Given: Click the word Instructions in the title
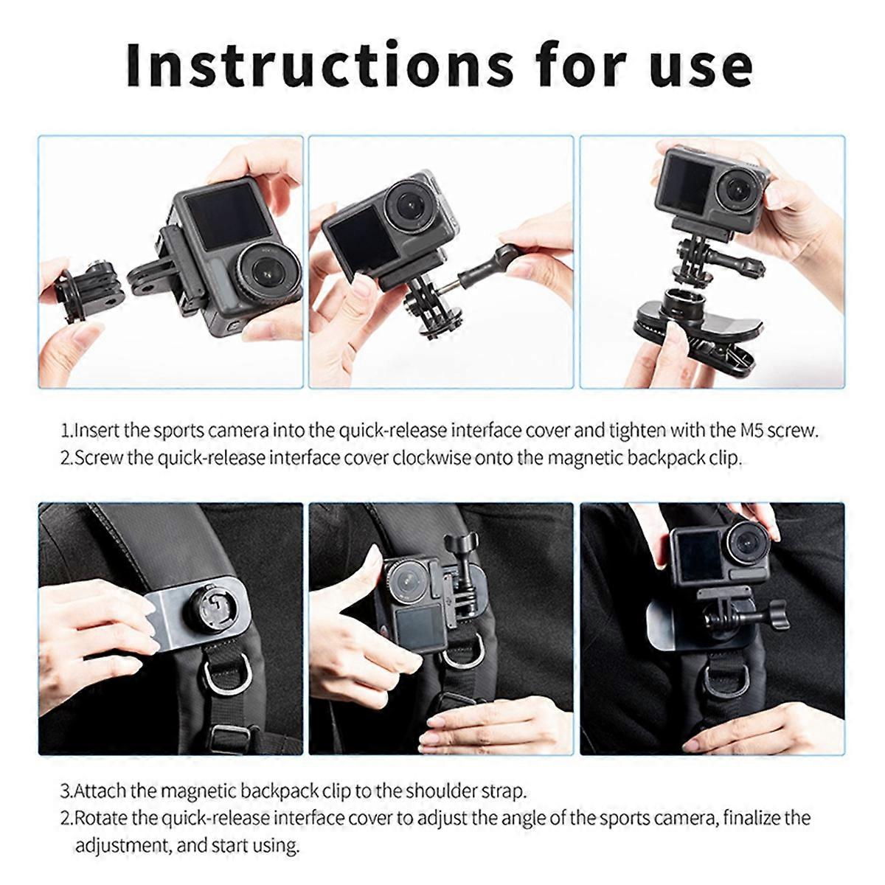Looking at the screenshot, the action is (x=319, y=65).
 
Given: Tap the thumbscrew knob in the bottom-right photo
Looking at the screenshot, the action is (x=777, y=615).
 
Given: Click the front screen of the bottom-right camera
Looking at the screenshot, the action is (x=698, y=556).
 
